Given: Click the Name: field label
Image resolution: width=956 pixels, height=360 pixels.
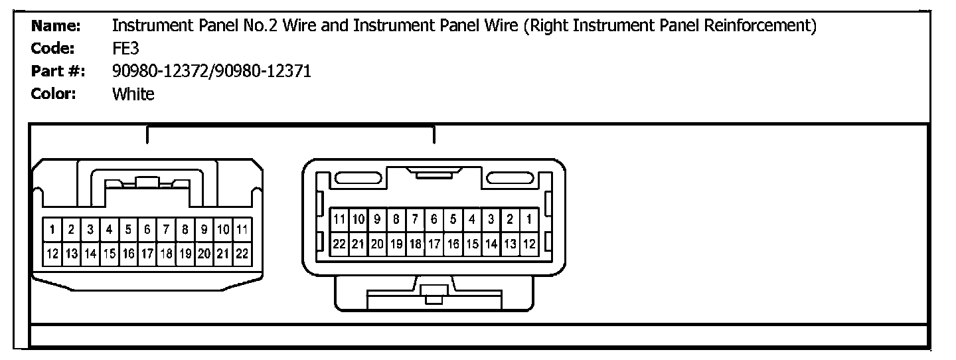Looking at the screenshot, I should (56, 26).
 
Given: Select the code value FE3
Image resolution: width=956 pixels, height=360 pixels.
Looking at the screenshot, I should (125, 48).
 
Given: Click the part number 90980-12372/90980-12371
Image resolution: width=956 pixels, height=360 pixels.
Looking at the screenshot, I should (212, 71).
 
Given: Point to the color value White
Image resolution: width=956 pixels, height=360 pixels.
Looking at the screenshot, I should (133, 94).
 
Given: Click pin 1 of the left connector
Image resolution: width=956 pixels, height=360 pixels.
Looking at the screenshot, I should (52, 230).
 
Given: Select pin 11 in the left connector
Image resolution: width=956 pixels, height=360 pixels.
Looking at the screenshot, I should (242, 230).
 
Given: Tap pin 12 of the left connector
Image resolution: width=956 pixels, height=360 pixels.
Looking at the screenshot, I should (52, 253).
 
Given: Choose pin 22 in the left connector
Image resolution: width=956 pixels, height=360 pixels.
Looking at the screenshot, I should (242, 253).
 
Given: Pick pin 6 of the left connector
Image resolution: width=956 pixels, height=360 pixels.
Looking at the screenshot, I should (147, 230).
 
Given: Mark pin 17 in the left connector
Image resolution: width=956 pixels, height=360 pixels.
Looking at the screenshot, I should (147, 253).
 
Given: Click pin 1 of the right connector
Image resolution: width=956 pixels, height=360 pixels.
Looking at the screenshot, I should (529, 219).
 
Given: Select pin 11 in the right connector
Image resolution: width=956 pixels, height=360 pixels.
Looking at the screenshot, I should (339, 219).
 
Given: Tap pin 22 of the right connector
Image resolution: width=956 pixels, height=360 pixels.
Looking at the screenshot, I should (339, 244).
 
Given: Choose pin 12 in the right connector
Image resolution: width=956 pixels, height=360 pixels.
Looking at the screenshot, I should (529, 244).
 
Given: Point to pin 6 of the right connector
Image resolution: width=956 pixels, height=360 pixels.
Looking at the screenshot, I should (434, 219).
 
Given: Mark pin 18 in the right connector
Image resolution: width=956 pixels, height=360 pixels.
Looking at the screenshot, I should (415, 244).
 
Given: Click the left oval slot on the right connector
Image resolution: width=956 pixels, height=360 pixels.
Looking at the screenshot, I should (357, 178).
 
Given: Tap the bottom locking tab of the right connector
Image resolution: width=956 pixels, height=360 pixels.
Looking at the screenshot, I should (434, 294).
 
